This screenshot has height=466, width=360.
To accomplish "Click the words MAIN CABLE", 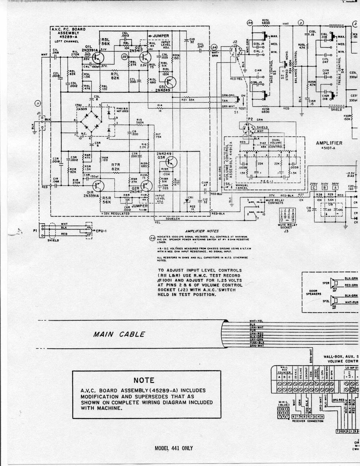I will (x=119, y=334).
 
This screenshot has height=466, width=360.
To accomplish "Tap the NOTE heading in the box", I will (x=144, y=380).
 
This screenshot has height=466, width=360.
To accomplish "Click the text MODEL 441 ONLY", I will (x=174, y=448).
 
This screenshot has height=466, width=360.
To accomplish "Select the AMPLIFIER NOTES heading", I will (x=202, y=231).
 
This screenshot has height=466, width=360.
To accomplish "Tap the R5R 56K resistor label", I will (x=107, y=200).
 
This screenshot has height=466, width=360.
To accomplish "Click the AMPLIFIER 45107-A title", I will (x=329, y=145).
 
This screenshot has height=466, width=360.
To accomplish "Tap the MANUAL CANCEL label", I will (x=242, y=187).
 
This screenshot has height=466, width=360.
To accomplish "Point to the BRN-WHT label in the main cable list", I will (x=256, y=346).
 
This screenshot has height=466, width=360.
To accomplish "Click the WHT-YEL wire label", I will (x=256, y=321).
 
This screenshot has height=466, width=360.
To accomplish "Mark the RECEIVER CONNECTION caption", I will (x=308, y=421).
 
